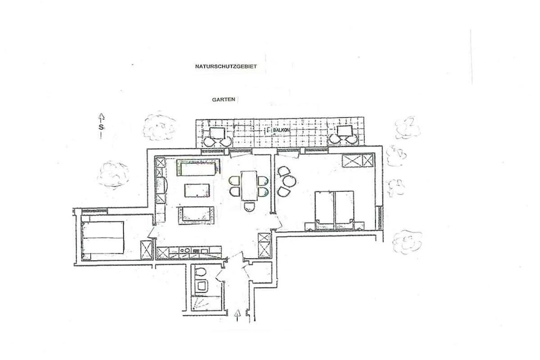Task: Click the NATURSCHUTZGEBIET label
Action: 226,66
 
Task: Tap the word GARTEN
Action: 224,99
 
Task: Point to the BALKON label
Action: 281,130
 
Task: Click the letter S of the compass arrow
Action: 101,127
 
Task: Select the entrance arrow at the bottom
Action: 238,315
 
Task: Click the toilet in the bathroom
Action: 200,272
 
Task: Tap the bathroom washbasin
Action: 201,286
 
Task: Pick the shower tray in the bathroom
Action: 207,304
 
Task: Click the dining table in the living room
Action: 249,186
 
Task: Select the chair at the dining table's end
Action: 249,207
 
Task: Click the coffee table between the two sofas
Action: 197,190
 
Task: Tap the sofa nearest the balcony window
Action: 198,167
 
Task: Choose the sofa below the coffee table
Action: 196,215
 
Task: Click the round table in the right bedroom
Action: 289,181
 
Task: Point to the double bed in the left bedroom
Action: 103,238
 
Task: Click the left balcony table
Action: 217,133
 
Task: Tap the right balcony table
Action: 345,131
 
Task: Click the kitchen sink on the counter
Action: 185,251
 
